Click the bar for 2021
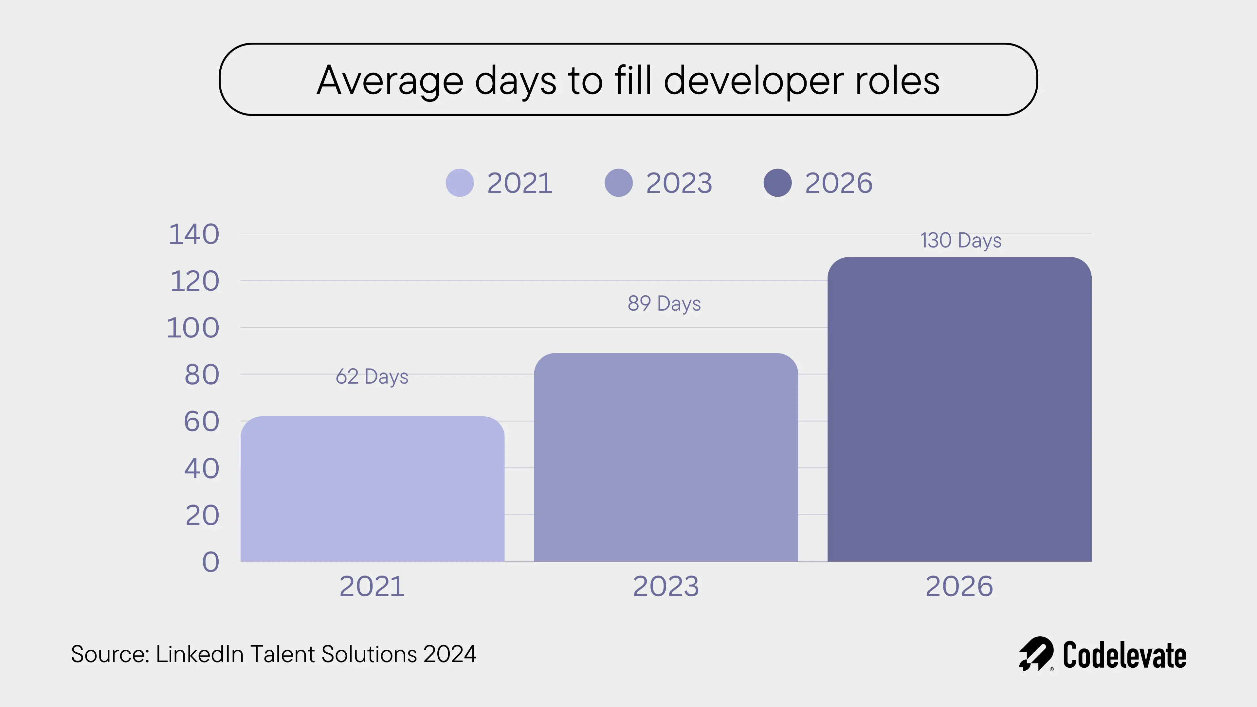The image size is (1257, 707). coord(372,488)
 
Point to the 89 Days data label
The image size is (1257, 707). coord(664,303)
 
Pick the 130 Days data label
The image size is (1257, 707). coord(960,241)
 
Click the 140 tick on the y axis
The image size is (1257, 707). coord(194,234)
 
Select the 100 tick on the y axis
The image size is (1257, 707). coord(193,328)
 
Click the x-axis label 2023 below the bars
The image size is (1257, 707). coord(665,586)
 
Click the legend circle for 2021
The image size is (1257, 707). coord(460,183)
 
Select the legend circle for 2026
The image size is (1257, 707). coord(777,183)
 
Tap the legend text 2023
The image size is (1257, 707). coord(679,183)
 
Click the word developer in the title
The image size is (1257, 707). coord(754,81)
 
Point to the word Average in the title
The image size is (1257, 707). coord(390,81)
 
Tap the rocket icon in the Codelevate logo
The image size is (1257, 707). coord(1035,654)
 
